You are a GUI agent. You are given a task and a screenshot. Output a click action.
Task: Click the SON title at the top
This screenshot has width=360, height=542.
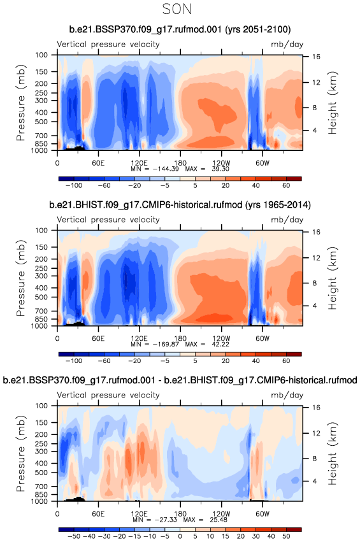click(176, 9)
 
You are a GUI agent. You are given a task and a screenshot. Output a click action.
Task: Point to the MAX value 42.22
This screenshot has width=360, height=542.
click(220, 345)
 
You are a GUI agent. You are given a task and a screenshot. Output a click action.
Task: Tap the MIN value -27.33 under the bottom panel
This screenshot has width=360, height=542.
click(166, 520)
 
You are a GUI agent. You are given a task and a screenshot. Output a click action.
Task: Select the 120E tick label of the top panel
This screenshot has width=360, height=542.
click(139, 163)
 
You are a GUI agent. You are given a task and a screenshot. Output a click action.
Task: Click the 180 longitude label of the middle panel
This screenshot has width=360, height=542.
click(180, 338)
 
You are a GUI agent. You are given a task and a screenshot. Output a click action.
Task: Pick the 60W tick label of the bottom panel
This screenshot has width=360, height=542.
click(262, 513)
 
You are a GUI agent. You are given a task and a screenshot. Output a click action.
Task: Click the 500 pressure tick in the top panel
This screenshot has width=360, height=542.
click(41, 122)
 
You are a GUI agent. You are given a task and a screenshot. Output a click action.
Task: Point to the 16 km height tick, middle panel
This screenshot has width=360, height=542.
click(316, 232)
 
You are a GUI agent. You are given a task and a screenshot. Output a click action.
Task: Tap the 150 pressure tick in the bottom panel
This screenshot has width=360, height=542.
click(41, 422)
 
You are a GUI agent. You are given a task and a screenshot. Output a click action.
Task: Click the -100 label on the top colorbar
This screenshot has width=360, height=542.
click(74, 185)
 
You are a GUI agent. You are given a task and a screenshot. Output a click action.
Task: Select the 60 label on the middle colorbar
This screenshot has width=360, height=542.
click(286, 360)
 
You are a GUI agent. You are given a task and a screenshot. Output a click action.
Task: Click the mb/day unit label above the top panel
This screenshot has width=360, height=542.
click(287, 44)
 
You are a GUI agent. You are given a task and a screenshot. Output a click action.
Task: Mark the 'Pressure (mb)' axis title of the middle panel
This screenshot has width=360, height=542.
click(21, 278)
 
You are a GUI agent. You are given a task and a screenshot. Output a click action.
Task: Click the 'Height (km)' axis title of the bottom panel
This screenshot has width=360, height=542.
click(333, 454)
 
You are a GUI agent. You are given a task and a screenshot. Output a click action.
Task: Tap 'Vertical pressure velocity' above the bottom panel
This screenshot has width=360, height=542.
click(108, 395)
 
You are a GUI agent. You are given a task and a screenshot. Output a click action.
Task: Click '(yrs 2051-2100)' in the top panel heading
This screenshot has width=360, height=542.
click(257, 29)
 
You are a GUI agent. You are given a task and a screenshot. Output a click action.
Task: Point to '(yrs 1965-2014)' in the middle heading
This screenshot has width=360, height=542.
click(278, 205)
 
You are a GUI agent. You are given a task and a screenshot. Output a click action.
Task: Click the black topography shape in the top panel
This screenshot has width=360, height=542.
click(76, 148)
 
